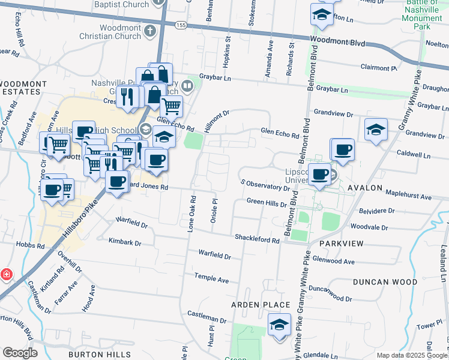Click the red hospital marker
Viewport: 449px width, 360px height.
pyautogui.click(x=6, y=274)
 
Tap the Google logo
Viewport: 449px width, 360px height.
pyautogui.click(x=20, y=353)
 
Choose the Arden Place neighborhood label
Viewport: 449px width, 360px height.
pyautogui.click(x=261, y=305)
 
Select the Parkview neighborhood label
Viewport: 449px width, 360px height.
pyautogui.click(x=342, y=244)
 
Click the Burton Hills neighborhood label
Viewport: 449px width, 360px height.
pyautogui.click(x=99, y=355)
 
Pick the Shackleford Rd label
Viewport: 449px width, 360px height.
pyautogui.click(x=258, y=240)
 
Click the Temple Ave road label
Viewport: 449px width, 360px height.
pyautogui.click(x=211, y=280)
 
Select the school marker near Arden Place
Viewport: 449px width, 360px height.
pyautogui.click(x=279, y=326)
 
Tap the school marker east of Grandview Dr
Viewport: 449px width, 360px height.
pyautogui.click(x=376, y=130)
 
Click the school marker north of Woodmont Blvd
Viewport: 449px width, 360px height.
pyautogui.click(x=322, y=16)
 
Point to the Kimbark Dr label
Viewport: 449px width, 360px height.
pyautogui.click(x=125, y=244)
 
